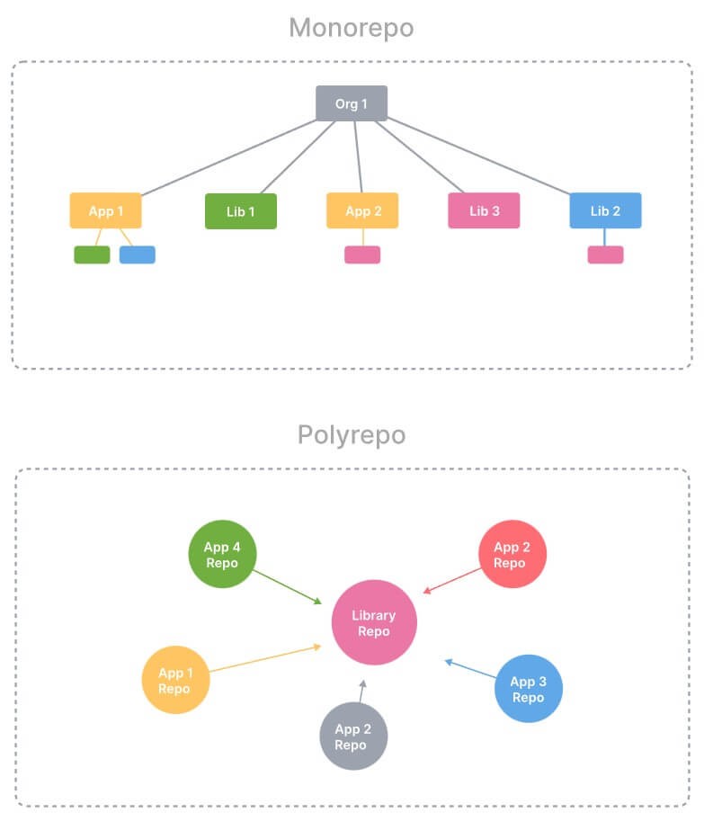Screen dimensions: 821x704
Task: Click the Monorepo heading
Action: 351,28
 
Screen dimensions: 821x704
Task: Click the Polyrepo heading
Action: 351,435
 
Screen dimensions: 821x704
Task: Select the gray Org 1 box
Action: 352,103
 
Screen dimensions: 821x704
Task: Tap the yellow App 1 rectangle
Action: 106,210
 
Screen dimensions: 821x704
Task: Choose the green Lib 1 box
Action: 241,211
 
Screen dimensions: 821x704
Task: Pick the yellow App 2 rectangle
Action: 362,210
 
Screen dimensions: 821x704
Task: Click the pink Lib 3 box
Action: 484,210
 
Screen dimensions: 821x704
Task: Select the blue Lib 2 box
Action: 605,210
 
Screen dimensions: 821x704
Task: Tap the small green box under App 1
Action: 92,254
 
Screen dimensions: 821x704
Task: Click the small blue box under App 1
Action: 137,254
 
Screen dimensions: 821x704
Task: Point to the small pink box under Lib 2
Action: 605,254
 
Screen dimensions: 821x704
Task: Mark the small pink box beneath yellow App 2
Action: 362,254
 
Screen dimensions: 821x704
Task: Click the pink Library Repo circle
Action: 374,622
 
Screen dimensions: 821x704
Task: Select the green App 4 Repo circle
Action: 221,554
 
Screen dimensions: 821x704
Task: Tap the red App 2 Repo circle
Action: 512,554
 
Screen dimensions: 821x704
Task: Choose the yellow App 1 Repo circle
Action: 175,681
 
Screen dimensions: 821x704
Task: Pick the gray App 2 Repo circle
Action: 353,736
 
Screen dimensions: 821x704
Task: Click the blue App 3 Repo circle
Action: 528,688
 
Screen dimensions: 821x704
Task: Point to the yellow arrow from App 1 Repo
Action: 265,658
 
